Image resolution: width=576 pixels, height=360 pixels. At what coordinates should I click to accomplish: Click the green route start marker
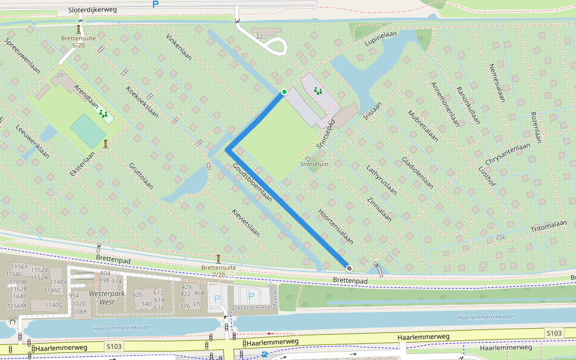point(284,92)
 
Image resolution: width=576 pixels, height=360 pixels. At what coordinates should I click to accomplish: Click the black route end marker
point(349,267)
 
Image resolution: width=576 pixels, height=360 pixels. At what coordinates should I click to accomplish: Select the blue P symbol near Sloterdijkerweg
point(155,4)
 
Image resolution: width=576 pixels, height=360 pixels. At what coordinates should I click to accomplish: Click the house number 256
point(500,238)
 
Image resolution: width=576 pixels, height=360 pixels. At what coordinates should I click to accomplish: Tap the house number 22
point(259,37)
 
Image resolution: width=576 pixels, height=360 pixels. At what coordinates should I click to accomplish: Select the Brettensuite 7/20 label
point(218,271)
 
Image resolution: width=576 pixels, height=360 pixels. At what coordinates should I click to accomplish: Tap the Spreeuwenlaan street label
point(22,56)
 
